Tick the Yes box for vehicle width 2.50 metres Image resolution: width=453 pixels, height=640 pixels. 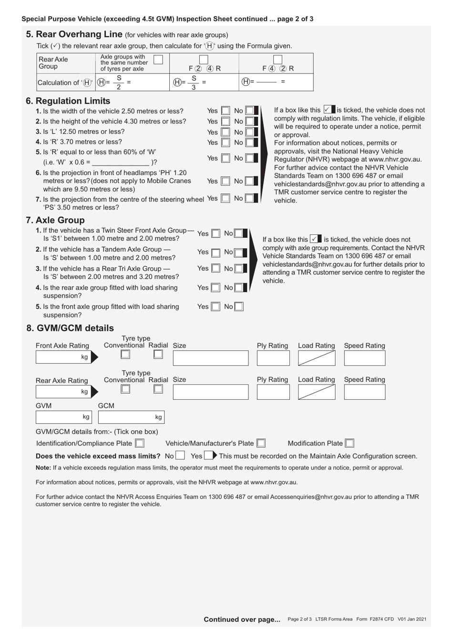226,111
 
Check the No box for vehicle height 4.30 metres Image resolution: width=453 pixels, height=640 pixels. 249,122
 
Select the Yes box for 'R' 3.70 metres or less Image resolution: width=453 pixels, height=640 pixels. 226,142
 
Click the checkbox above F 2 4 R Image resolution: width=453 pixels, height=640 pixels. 204,60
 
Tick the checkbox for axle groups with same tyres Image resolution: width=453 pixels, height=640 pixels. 158,60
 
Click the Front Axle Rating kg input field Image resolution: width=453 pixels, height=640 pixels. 63,357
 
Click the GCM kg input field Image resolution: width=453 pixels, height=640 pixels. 131,417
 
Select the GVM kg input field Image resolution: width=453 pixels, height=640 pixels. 63,417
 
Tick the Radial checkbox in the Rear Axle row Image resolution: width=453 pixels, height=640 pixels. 158,389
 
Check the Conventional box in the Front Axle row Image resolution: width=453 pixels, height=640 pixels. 125,354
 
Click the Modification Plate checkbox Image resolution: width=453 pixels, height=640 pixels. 350,443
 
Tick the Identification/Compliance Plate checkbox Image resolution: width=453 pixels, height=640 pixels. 139,443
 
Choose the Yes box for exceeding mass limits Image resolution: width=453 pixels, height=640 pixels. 208,456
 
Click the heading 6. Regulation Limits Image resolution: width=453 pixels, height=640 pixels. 68,101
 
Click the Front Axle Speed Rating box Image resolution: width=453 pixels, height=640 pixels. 364,358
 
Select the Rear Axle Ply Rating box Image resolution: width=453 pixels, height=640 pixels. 273,392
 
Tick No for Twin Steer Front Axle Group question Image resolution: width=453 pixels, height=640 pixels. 238,234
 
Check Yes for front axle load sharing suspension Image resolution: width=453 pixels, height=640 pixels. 216,307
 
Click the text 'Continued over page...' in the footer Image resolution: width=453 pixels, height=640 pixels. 242,620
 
